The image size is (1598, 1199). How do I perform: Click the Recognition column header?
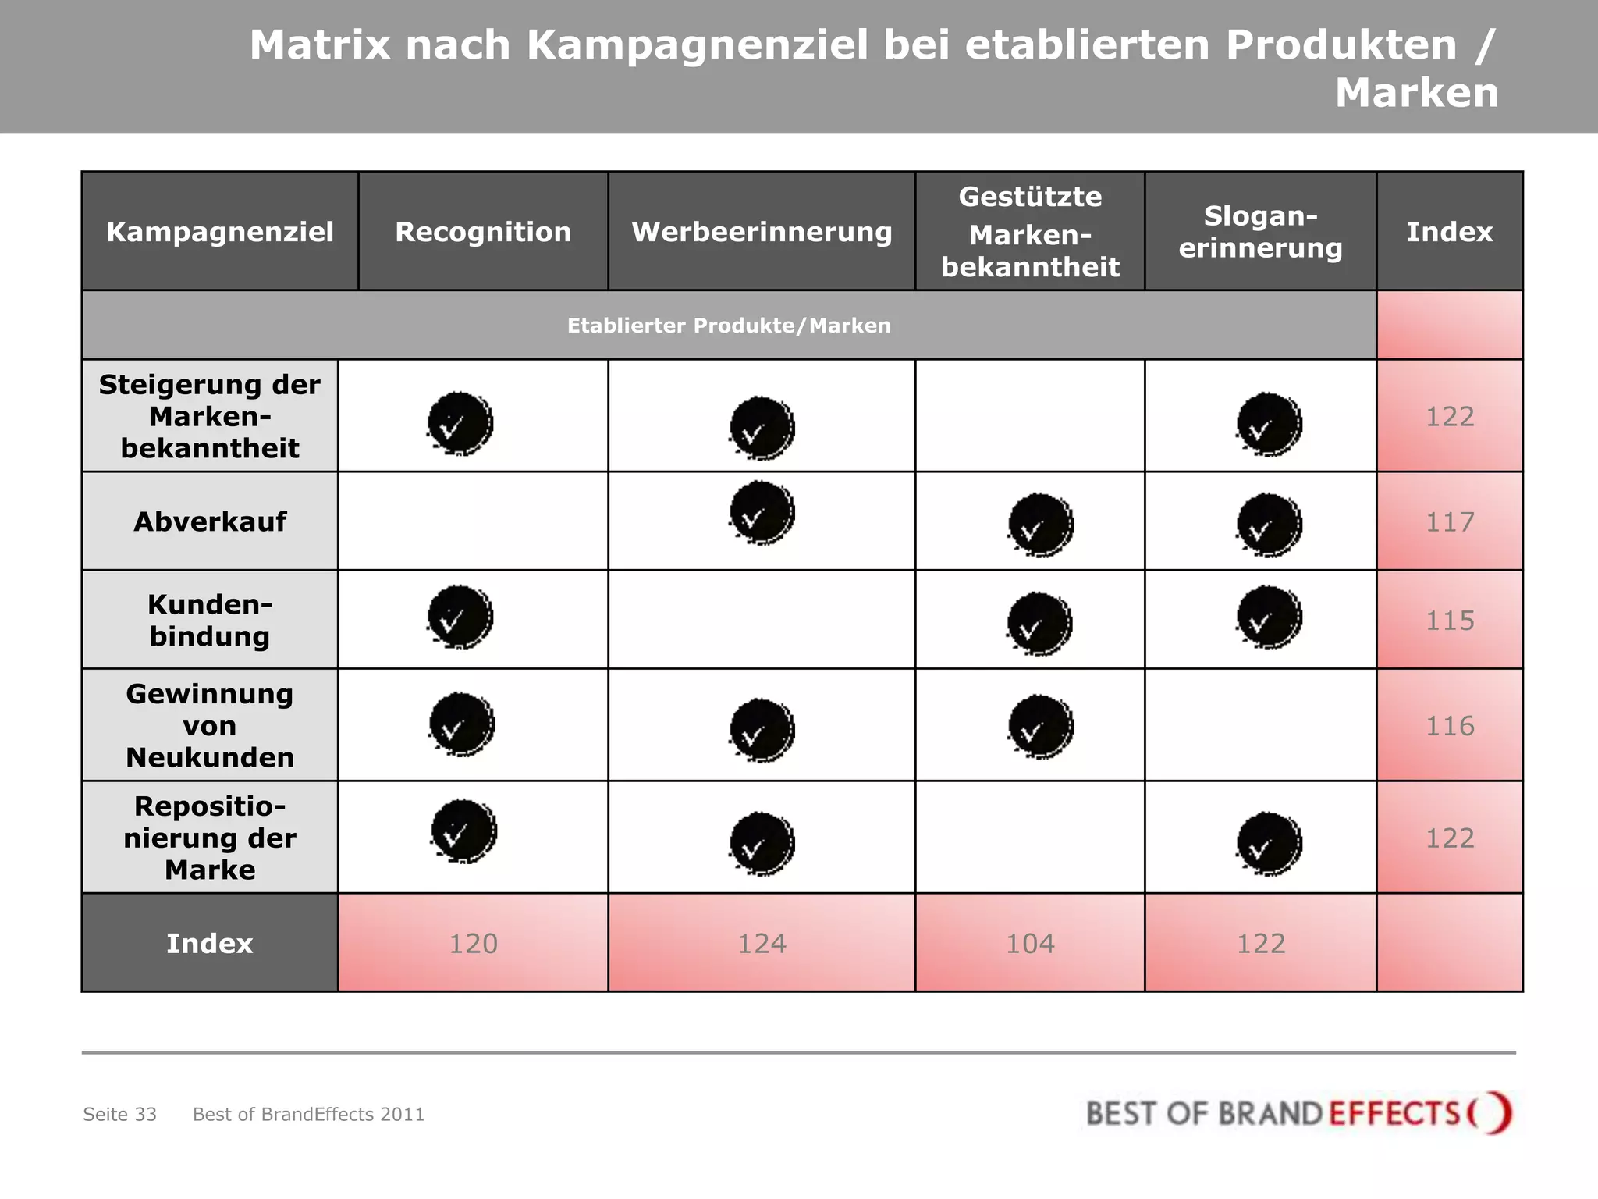click(483, 232)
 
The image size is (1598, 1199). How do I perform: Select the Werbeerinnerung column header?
click(762, 232)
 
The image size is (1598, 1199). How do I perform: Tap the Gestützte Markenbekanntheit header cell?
click(1030, 232)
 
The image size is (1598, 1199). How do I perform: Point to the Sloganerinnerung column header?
click(1260, 232)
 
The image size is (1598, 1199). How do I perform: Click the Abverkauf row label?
click(210, 521)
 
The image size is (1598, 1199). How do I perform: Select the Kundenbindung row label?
click(210, 620)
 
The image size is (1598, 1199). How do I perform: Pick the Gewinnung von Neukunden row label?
click(210, 725)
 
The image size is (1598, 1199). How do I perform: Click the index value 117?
click(1450, 521)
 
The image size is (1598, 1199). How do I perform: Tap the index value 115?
click(1450, 621)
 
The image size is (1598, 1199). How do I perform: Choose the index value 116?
click(1450, 726)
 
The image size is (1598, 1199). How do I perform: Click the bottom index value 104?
click(1030, 944)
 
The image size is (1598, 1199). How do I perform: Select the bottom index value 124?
click(762, 944)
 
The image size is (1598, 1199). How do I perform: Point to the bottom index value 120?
click(473, 944)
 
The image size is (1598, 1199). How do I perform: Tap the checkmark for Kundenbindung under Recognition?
click(460, 617)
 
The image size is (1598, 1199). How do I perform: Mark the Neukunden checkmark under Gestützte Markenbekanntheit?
click(1041, 726)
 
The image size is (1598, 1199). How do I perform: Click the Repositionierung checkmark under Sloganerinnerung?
click(1269, 843)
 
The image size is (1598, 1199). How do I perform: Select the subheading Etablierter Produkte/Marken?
click(729, 326)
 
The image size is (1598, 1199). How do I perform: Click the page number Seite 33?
click(120, 1114)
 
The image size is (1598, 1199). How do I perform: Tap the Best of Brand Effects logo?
click(1298, 1112)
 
